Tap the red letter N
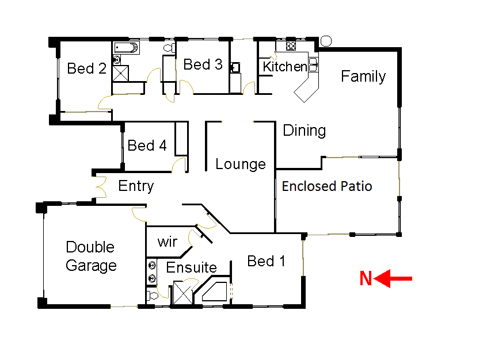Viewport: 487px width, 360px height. (366, 279)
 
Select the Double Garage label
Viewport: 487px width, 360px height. (91, 256)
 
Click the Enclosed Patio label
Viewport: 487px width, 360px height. (327, 186)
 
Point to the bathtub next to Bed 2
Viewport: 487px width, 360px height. (126, 47)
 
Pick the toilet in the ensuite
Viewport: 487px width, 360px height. (153, 296)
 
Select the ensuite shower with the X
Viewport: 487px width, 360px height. (184, 292)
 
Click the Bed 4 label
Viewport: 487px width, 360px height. (147, 145)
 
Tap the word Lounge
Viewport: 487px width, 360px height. (241, 164)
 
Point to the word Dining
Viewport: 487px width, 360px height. (305, 131)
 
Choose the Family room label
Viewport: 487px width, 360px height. (363, 76)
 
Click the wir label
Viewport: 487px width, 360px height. (167, 242)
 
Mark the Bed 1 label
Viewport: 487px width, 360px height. (266, 261)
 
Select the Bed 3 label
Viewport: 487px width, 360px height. (203, 64)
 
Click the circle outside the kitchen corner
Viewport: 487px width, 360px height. (325, 41)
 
